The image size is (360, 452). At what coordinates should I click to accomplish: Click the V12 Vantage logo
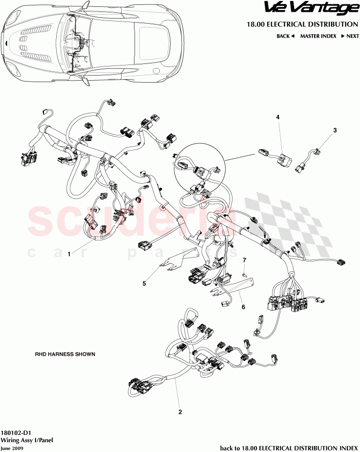(x=311, y=8)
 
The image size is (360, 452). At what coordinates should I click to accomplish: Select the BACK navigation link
(x=285, y=36)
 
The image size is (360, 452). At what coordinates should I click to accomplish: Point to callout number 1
(x=69, y=254)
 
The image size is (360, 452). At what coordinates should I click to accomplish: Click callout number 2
(x=180, y=412)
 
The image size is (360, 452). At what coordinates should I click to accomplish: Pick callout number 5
(x=144, y=282)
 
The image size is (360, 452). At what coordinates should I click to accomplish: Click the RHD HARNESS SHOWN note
(x=64, y=354)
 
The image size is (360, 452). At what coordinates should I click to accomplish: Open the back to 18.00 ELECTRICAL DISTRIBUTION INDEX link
(x=289, y=448)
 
